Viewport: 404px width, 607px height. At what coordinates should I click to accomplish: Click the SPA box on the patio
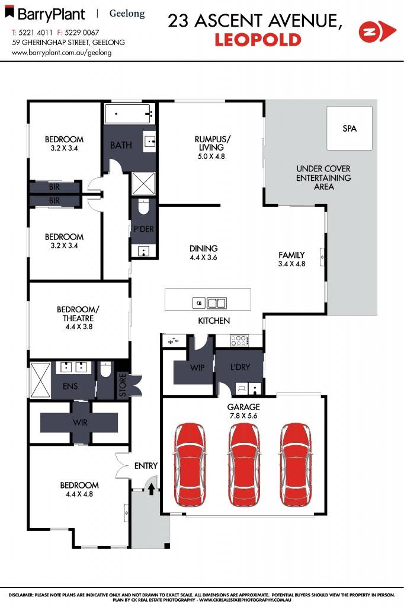pos(350,129)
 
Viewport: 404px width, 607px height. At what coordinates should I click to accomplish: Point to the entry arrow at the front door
pos(151,488)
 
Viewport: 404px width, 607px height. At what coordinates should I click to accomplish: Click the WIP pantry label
pos(197,368)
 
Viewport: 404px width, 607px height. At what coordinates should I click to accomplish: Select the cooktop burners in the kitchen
pos(239,341)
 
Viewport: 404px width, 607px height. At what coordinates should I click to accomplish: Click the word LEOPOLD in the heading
pos(258,40)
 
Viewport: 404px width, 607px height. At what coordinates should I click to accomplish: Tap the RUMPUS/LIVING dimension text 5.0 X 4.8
pos(212,156)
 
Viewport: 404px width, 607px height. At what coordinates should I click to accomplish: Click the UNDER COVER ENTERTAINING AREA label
pos(323,178)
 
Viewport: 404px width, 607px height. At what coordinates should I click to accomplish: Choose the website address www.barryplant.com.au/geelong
pos(62,52)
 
